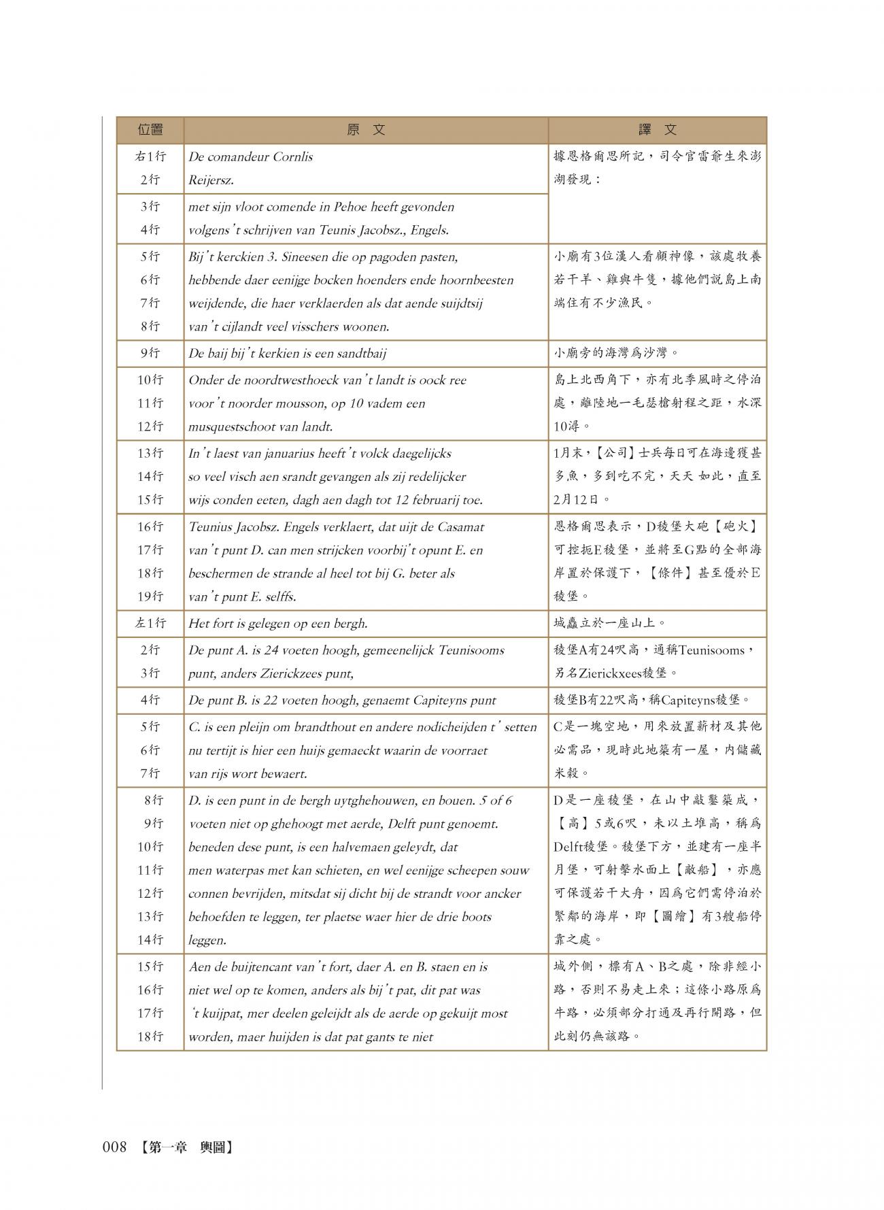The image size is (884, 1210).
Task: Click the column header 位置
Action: point(150,130)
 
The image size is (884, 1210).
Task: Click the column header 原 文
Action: point(365,130)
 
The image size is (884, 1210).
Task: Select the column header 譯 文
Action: point(657,130)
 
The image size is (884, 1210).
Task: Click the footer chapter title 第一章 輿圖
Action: point(183,1147)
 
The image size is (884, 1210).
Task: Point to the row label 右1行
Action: point(150,156)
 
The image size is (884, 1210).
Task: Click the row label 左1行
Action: point(150,623)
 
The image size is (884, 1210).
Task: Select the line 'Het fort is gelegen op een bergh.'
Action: point(277,623)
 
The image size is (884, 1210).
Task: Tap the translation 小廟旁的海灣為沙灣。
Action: point(616,354)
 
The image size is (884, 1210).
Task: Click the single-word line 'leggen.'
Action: point(207,940)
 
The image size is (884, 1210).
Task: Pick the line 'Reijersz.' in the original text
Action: point(211,180)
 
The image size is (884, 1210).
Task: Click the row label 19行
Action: point(150,596)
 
